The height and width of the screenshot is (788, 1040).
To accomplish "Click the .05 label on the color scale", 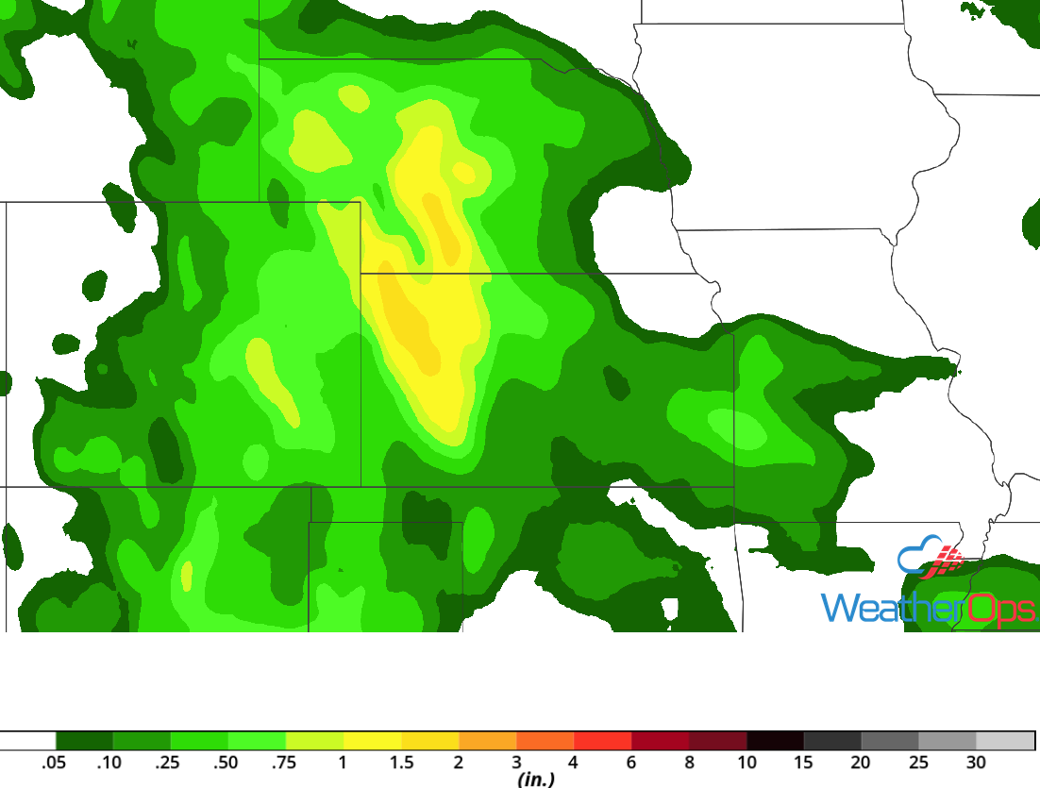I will pyautogui.click(x=54, y=763).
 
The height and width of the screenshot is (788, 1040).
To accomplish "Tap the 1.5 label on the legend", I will pyautogui.click(x=401, y=763).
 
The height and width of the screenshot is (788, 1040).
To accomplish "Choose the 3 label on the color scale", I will pyautogui.click(x=516, y=763).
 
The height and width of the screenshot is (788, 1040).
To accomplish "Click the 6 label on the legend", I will pyautogui.click(x=631, y=763).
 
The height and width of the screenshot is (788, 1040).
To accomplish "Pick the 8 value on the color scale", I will pyautogui.click(x=689, y=763).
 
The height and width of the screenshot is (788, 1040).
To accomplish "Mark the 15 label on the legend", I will pyautogui.click(x=804, y=763).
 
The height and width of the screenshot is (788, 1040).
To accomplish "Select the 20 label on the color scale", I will pyautogui.click(x=861, y=763).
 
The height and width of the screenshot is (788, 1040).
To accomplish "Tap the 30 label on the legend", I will pyautogui.click(x=976, y=763).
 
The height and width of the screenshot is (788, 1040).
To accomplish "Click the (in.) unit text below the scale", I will pyautogui.click(x=536, y=780).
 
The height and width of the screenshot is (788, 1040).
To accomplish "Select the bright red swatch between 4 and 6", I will pyautogui.click(x=602, y=741).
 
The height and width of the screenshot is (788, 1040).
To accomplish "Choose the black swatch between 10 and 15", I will pyautogui.click(x=775, y=741).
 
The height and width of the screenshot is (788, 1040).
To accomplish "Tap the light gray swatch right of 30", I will pyautogui.click(x=1005, y=741).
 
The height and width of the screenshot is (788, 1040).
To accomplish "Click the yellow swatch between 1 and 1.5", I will pyautogui.click(x=372, y=741).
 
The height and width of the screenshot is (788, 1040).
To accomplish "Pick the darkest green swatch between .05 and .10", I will pyautogui.click(x=84, y=741).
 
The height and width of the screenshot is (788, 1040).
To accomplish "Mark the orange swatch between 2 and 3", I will pyautogui.click(x=487, y=741).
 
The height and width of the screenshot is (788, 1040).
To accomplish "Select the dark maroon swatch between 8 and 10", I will pyautogui.click(x=717, y=741).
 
